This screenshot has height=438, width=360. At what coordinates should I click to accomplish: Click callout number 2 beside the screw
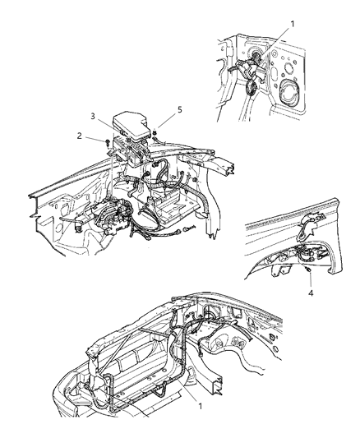80,136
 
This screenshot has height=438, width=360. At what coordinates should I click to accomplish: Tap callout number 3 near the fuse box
93,116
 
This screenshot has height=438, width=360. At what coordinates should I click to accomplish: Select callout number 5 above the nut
179,110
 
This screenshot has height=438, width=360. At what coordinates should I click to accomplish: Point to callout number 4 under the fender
311,293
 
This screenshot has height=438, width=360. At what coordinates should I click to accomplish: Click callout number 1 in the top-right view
293,24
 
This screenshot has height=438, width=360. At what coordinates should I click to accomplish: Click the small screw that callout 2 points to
107,143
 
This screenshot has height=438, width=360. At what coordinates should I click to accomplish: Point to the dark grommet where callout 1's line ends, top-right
256,58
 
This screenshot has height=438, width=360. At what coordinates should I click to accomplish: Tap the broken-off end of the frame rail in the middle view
232,170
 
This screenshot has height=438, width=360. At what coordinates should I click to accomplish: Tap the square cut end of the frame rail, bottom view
218,385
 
